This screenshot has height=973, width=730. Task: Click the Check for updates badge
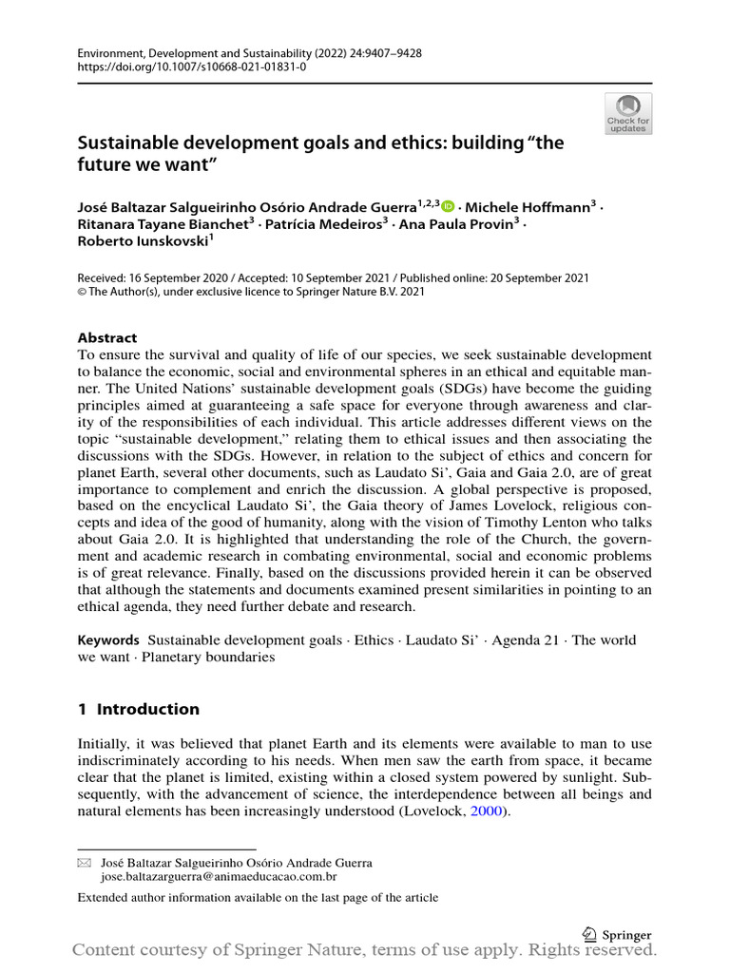pyautogui.click(x=628, y=113)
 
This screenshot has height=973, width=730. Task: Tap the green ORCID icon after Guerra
pyautogui.click(x=448, y=207)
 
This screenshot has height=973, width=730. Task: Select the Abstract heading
pyautogui.click(x=106, y=337)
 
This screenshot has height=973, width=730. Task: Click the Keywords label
pyautogui.click(x=108, y=640)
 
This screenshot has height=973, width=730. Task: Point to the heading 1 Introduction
pyautogui.click(x=139, y=709)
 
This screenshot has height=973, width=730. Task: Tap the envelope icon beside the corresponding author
pyautogui.click(x=84, y=863)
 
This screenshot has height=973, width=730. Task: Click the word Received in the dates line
pyautogui.click(x=105, y=278)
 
